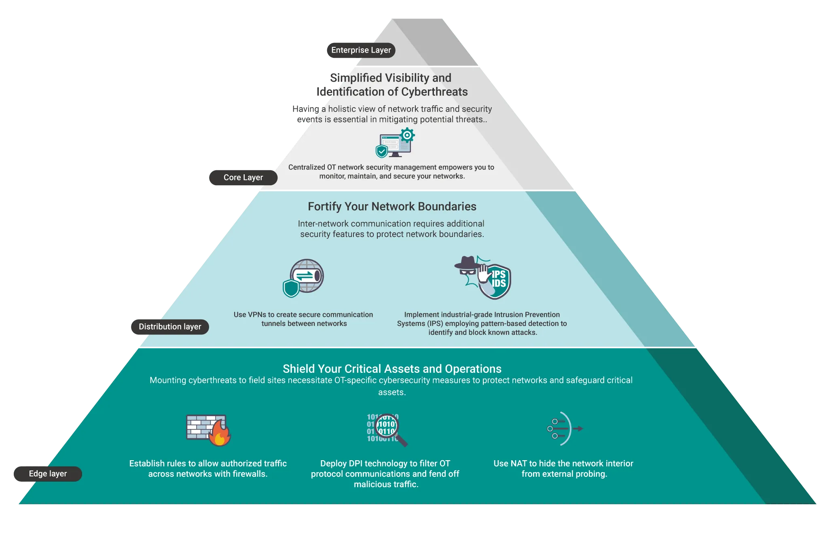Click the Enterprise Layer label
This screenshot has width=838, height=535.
point(361,50)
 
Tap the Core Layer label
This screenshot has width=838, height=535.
point(243,178)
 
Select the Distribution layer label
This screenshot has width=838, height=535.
point(169,327)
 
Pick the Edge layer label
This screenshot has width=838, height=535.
point(48,474)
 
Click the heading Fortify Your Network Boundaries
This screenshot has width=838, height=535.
point(392,207)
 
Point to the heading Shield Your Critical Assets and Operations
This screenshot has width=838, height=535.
point(392,369)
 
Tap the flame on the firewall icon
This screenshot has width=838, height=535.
point(220,435)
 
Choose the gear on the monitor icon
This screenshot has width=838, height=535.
point(407,135)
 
